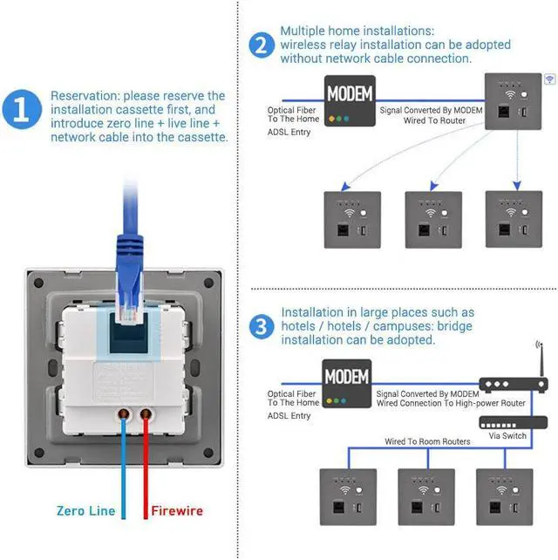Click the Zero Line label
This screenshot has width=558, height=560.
[x=85, y=511]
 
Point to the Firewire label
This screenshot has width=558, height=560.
[x=178, y=511]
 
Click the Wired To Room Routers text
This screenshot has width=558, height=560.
[x=427, y=442]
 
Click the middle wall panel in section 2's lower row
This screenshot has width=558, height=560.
[x=433, y=219]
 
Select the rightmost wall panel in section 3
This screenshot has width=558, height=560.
[x=504, y=496]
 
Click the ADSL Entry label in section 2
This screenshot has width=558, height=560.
[x=289, y=133]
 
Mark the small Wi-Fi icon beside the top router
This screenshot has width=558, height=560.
[x=549, y=79]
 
